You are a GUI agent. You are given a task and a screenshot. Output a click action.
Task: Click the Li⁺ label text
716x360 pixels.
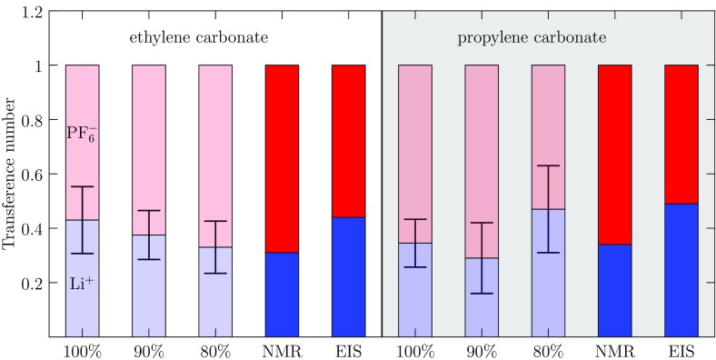point(81,285)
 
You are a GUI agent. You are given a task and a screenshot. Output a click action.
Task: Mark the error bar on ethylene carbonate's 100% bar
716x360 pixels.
point(82,220)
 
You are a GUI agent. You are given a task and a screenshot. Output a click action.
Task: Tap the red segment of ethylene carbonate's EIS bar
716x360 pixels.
point(348,141)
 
